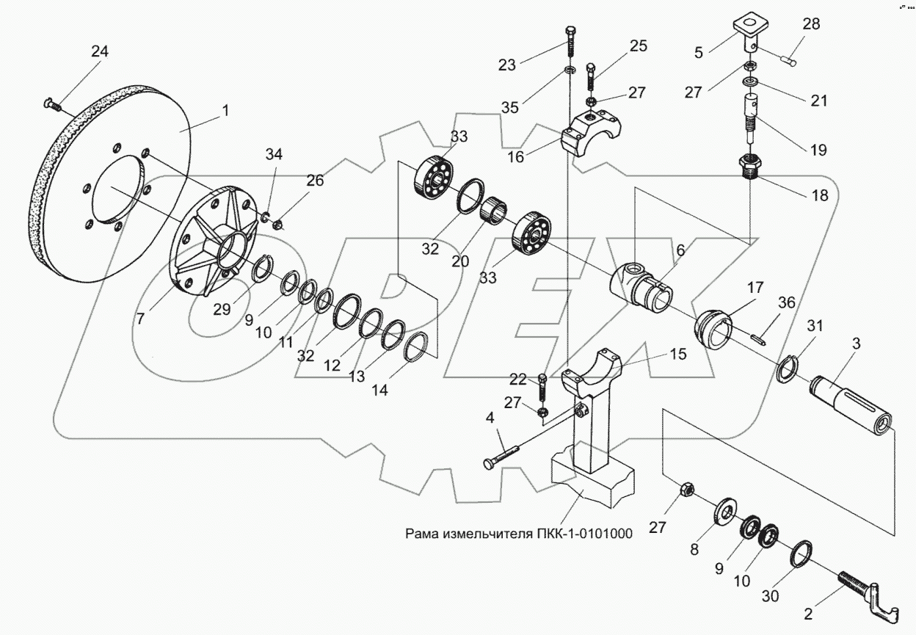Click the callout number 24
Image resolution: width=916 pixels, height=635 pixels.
[x=100, y=51]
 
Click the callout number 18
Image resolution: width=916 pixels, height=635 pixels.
[x=820, y=195]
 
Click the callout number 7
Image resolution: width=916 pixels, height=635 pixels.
[x=141, y=318]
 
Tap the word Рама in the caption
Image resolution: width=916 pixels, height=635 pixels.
[x=421, y=534]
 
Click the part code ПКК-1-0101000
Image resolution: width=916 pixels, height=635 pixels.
[x=584, y=534]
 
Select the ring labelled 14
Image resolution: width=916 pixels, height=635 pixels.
[x=416, y=347]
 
